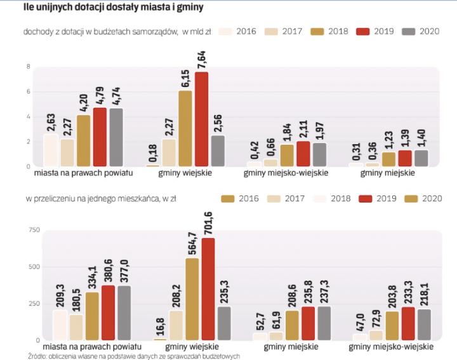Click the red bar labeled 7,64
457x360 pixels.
click(x=201, y=119)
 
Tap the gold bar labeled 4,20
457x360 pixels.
click(x=84, y=140)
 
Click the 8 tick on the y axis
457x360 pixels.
click(x=28, y=67)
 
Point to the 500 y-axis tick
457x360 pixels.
click(x=27, y=267)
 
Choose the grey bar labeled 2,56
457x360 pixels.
click(x=218, y=150)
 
